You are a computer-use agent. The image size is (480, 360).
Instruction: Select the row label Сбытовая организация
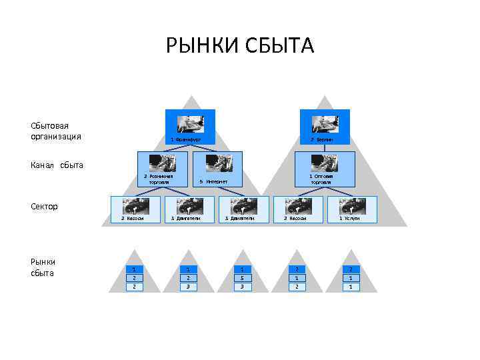pyautogui.click(x=56, y=131)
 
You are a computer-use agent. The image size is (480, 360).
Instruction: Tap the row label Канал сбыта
pyautogui.click(x=57, y=165)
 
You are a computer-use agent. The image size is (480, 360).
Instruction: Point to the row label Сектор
pyautogui.click(x=44, y=206)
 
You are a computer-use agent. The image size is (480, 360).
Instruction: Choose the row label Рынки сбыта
pyautogui.click(x=43, y=267)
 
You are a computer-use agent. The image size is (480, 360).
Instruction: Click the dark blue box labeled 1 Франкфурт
pyautogui.click(x=190, y=127)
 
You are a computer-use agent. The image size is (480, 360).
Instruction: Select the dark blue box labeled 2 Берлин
pyautogui.click(x=326, y=127)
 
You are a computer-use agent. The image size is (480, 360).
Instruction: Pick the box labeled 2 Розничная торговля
pyautogui.click(x=162, y=169)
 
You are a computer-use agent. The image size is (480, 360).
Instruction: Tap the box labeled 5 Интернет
pyautogui.click(x=217, y=169)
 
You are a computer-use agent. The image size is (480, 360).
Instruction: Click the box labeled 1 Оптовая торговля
pyautogui.click(x=325, y=169)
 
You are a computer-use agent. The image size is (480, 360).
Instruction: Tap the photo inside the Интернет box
pyautogui.click(x=218, y=163)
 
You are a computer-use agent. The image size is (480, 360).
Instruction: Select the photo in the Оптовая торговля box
pyautogui.click(x=325, y=163)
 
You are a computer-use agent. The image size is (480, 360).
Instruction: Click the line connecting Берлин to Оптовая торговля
pyautogui.click(x=325, y=147)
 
